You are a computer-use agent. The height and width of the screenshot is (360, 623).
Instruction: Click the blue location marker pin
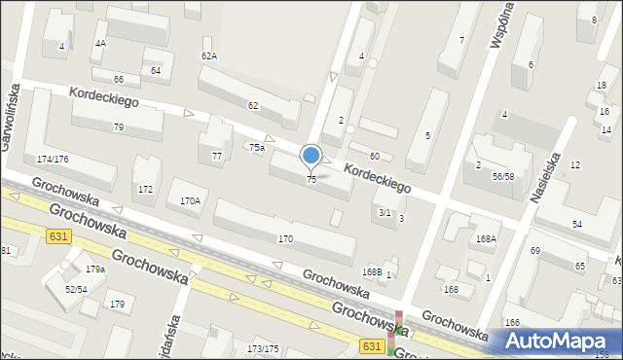point(311,156)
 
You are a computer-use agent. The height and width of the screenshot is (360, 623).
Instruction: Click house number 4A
point(100,44)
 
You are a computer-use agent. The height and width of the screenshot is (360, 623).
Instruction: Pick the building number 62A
point(209,55)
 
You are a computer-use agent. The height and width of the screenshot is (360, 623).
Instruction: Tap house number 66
point(119,79)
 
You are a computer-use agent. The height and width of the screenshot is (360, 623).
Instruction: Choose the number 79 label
point(118,127)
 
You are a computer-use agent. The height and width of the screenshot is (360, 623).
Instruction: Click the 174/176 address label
point(53,159)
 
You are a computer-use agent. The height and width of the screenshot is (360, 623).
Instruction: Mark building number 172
point(145,189)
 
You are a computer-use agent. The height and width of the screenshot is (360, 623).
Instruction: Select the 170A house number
point(190,201)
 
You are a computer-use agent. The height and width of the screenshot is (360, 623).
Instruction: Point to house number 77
point(217,156)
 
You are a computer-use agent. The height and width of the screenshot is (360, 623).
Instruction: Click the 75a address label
point(256,148)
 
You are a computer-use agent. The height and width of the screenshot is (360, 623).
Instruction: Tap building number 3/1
point(384,212)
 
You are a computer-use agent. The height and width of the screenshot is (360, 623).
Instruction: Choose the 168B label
point(372,271)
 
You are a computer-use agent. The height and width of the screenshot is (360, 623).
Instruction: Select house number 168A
point(485,238)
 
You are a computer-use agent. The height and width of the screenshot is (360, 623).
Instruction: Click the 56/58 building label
point(503,176)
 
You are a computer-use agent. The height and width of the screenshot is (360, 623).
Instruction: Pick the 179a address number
point(94,270)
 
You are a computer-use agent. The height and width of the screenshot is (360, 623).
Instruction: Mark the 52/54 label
point(77,289)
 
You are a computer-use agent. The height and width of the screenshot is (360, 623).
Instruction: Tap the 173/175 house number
point(264,348)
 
